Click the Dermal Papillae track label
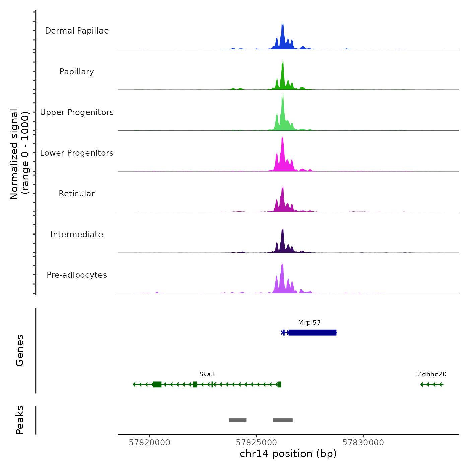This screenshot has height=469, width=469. [77, 31]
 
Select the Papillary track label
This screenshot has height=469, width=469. [77, 72]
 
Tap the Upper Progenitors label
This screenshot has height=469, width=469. [77, 112]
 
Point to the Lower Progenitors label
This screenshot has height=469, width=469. [77, 153]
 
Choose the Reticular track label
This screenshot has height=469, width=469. [77, 194]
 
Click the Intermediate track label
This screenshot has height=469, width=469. [77, 234]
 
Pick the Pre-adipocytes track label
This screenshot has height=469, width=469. [77, 275]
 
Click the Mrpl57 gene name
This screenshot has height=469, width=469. [310, 323]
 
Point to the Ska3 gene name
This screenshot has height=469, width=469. [207, 374]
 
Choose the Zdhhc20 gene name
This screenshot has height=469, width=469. [432, 374]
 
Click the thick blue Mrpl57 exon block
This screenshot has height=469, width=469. [312, 333]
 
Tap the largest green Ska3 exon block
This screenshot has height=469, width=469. [157, 384]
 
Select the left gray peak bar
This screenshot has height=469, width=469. [238, 420]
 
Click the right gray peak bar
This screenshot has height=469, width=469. [283, 420]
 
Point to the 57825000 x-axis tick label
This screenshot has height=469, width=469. [256, 443]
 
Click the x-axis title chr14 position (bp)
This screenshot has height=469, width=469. [288, 454]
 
